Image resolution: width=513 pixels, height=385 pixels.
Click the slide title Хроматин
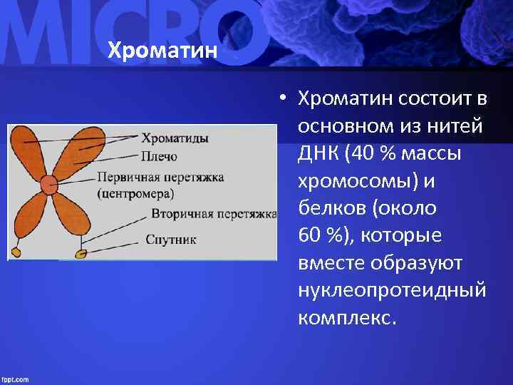(x=162, y=51)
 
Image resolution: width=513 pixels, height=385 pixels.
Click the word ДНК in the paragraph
(x=317, y=153)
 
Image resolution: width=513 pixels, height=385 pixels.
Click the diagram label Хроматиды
(x=175, y=138)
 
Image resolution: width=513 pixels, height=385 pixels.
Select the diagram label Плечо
(x=158, y=155)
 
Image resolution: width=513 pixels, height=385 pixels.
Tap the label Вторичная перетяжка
(x=212, y=213)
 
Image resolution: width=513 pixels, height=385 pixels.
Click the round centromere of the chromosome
(x=48, y=184)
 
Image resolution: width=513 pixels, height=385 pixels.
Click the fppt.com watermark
(x=15, y=379)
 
